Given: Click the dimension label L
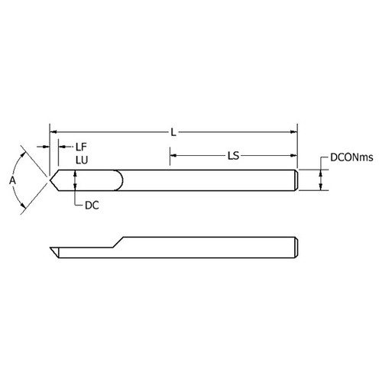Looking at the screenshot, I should [x=173, y=133].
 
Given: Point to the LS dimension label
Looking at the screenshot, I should [x=235, y=155].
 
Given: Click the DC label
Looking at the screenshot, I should [x=90, y=206].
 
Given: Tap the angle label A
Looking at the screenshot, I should [x=12, y=180].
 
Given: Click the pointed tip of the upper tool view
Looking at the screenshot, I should [x=50, y=180].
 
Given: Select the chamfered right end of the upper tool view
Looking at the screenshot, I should [x=295, y=180].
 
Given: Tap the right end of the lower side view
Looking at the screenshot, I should [x=295, y=248].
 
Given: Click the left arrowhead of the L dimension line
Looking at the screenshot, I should [x=52, y=132].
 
